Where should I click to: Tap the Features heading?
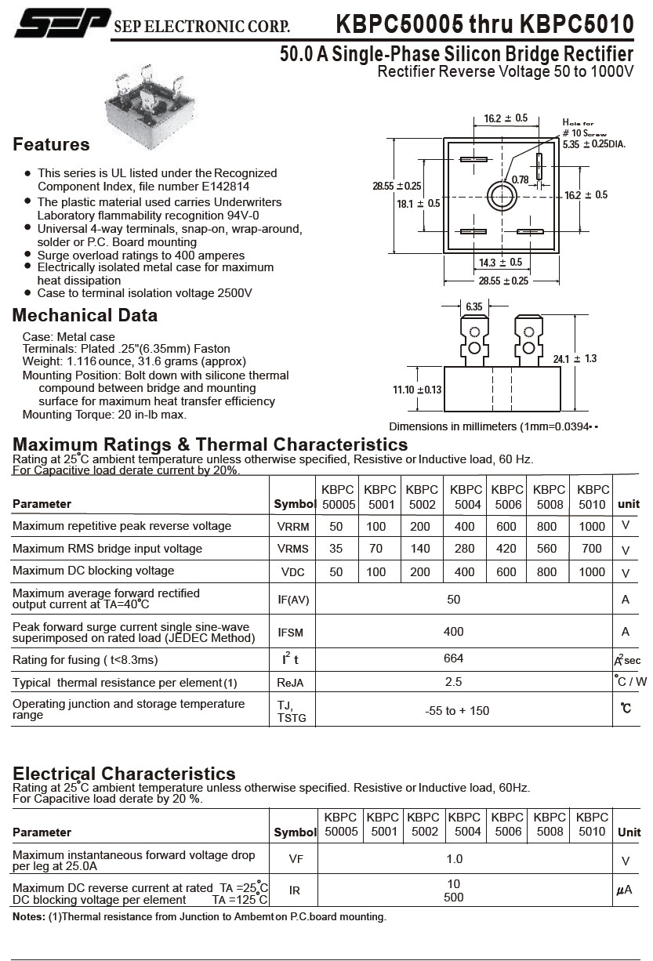[x=52, y=145]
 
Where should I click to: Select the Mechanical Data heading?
[x=85, y=316]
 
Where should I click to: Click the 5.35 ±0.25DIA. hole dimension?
[x=593, y=144]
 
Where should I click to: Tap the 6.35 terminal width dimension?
[x=473, y=306]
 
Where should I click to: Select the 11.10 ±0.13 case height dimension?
[x=417, y=390]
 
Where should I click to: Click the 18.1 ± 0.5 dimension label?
[x=418, y=204]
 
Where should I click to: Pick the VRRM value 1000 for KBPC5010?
[x=592, y=526]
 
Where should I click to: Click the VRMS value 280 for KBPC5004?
[x=465, y=549]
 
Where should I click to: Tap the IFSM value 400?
[x=453, y=631]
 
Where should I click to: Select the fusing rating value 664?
[x=453, y=658]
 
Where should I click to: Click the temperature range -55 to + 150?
[x=457, y=711]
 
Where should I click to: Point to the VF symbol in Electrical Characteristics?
[x=296, y=859]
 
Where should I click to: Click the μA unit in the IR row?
[x=625, y=890]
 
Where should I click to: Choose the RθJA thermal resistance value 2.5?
[x=453, y=682]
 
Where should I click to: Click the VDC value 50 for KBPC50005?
[x=336, y=572]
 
